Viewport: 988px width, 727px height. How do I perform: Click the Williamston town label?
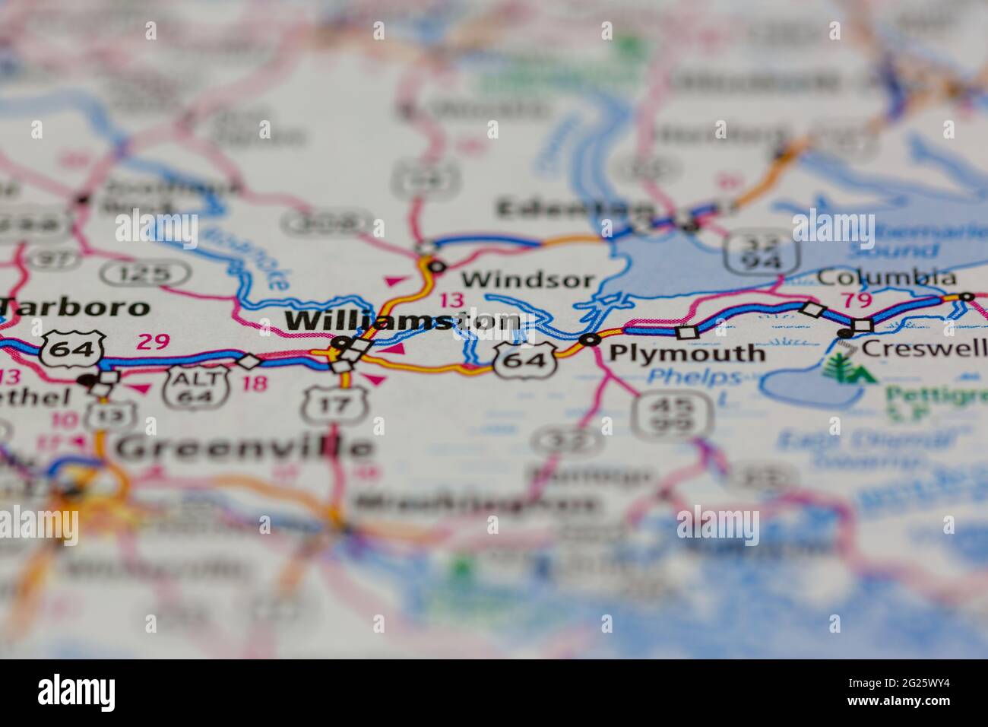(x=403, y=322)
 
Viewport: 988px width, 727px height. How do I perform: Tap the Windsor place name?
(x=527, y=279)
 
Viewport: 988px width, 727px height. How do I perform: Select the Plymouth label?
(x=688, y=353)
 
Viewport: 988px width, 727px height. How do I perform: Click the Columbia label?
(x=886, y=278)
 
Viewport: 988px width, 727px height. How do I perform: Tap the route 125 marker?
(x=145, y=273)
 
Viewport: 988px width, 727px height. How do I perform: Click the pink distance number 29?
(x=154, y=341)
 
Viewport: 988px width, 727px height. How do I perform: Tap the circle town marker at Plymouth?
(x=589, y=339)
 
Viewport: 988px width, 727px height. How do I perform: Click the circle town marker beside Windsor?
(x=436, y=266)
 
